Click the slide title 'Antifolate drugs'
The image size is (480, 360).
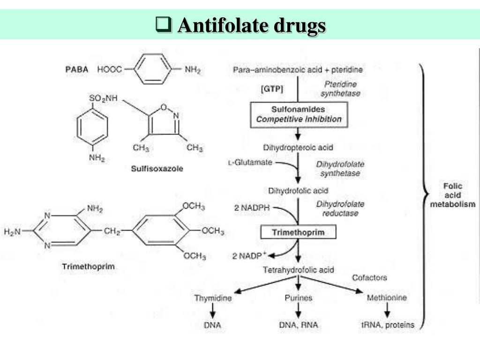click(x=251, y=25)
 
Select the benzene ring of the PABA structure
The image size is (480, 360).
click(x=153, y=69)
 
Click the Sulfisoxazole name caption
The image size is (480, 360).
click(x=157, y=169)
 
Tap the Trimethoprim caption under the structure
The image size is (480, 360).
click(x=88, y=267)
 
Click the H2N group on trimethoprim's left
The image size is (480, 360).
click(x=13, y=231)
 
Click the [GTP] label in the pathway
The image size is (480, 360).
click(x=272, y=88)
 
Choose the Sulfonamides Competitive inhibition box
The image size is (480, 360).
click(x=299, y=114)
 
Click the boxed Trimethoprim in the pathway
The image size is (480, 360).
click(x=298, y=232)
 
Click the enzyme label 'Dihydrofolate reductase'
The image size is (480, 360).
click(x=340, y=209)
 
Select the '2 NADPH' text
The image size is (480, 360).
click(x=252, y=207)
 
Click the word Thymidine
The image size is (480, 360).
click(x=213, y=298)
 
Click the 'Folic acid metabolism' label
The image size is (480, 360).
click(x=452, y=195)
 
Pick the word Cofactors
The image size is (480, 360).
click(x=369, y=277)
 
